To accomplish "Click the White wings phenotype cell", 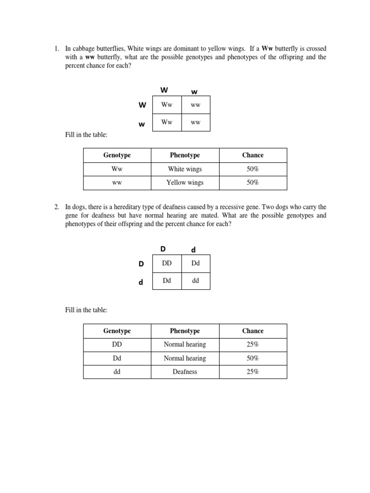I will coord(185,169).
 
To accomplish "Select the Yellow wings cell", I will coord(185,182).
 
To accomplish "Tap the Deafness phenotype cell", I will coord(185,372).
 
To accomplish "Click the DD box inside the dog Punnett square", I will coord(167,263).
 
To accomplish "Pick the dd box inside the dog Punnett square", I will coord(196,281).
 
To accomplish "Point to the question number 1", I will coord(56,49).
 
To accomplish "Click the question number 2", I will coord(56,207).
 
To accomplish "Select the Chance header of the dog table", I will coord(253,331).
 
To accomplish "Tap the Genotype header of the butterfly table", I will coord(117,155).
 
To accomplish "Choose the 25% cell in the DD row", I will coord(253,344).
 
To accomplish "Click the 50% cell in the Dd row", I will coord(253,358).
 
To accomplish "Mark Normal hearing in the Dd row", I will coord(185,358).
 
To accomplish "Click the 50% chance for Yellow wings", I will coord(253,182).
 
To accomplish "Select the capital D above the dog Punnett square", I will coord(163,248).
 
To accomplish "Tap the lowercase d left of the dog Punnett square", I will coord(141,282).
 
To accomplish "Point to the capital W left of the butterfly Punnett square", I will coord(142,105).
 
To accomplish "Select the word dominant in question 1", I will coord(182,49).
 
